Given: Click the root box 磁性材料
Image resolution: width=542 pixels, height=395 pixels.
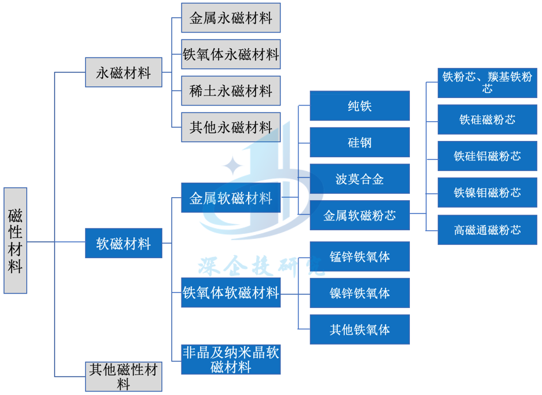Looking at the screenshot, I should pos(16,240).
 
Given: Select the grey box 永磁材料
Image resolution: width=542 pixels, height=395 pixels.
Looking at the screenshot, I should pos(123,73).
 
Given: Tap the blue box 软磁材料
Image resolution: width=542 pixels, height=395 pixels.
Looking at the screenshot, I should pos(123,244).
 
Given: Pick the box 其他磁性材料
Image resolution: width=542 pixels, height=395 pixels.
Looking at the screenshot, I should pos(123,376).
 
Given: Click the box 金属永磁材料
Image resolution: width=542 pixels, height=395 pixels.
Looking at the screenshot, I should pos(231,18).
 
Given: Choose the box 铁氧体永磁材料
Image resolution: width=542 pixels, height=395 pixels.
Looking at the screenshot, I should pos(231,55).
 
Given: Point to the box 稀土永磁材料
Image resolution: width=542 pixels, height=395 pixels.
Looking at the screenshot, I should pos(231,91).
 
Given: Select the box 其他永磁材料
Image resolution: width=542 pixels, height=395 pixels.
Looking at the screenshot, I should pos(231,127).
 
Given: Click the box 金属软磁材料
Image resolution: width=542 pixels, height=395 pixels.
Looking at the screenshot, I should pos(231,198).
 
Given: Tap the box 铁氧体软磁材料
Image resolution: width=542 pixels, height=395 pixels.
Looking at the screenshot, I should pos(231,292).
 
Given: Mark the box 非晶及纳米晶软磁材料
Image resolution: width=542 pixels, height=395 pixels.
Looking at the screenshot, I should pos(231,360).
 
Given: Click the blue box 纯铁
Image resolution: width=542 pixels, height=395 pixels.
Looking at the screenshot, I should pos(359,106).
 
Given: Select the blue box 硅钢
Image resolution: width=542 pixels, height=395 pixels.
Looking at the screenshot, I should pos(359,143).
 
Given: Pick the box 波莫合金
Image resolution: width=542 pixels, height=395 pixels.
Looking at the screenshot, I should pos(359,179).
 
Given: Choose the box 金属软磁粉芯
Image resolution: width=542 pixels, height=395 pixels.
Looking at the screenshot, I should pos(359,215).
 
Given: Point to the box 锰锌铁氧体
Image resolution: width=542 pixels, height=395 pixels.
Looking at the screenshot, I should pos(359,256).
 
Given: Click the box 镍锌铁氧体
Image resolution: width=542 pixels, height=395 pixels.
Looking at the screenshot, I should pos(359,293).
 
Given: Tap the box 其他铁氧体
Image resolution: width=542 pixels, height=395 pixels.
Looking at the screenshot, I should pos(359,329).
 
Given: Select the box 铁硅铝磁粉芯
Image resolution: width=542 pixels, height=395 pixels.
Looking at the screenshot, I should pos(487,156).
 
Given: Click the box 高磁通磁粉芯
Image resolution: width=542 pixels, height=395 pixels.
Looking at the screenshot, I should pos(487,230).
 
